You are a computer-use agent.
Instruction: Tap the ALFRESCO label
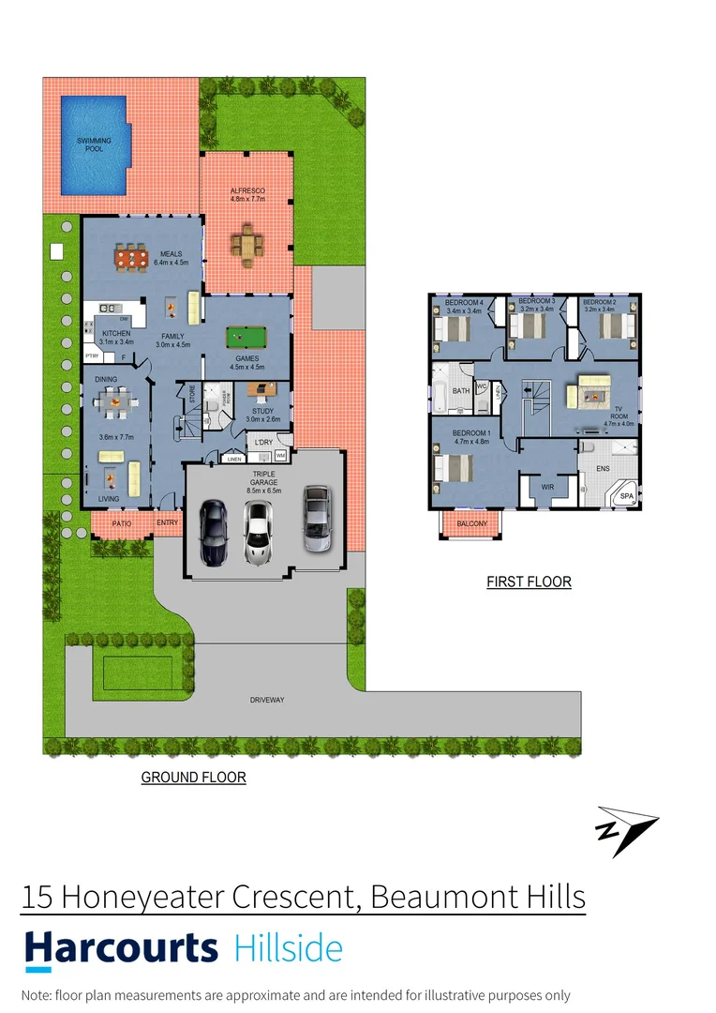click(248, 190)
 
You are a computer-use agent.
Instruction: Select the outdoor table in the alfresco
click(248, 245)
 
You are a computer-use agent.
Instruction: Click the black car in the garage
click(214, 532)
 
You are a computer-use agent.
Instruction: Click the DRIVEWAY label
click(267, 700)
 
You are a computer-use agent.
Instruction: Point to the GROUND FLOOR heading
click(193, 778)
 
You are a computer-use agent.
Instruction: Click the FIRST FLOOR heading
click(529, 582)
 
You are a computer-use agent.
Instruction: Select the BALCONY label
click(472, 524)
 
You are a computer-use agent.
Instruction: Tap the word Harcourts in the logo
click(121, 948)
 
